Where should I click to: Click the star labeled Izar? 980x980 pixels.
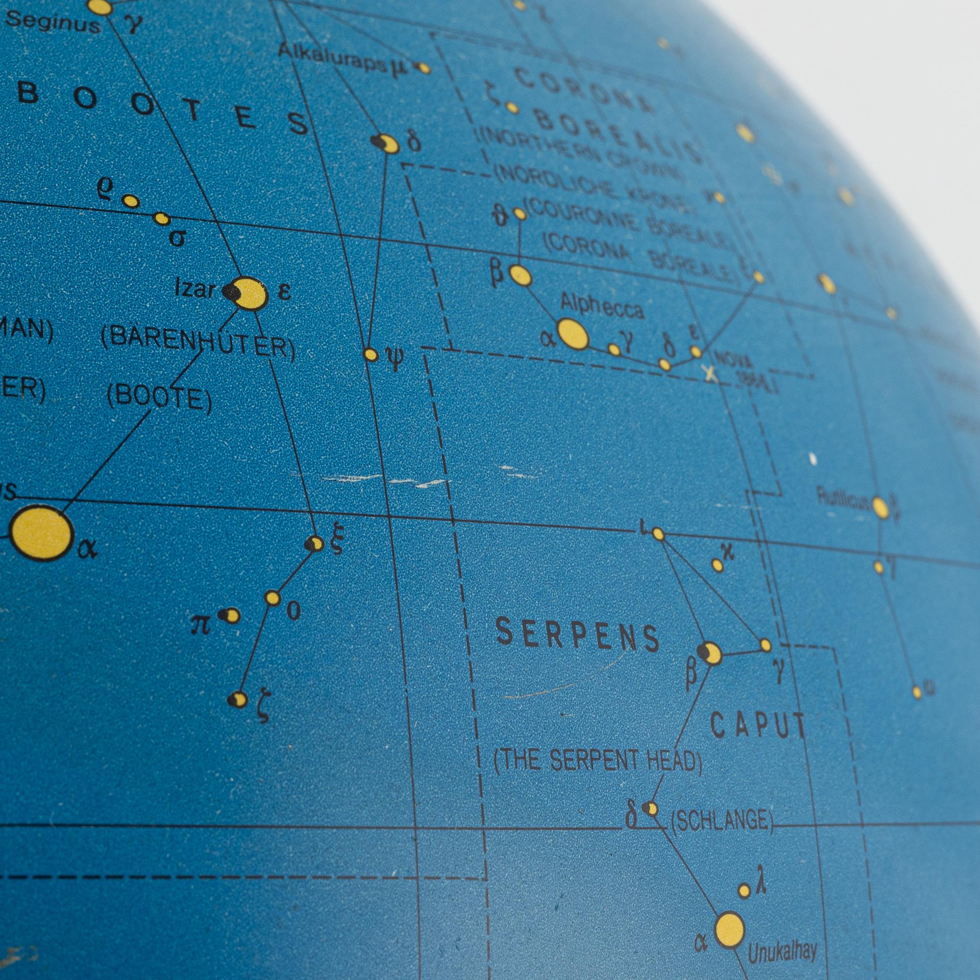click(x=248, y=293)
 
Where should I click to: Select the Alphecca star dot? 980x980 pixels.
click(x=573, y=334)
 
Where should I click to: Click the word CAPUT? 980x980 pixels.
click(x=758, y=725)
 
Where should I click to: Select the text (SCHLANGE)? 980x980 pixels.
click(x=722, y=820)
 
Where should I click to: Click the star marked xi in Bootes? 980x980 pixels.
click(x=315, y=544)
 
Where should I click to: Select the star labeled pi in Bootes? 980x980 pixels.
click(x=231, y=616)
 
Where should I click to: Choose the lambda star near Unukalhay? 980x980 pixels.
click(x=744, y=890)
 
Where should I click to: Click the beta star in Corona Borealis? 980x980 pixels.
click(x=520, y=275)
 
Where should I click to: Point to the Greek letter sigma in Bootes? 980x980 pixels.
click(x=176, y=237)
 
